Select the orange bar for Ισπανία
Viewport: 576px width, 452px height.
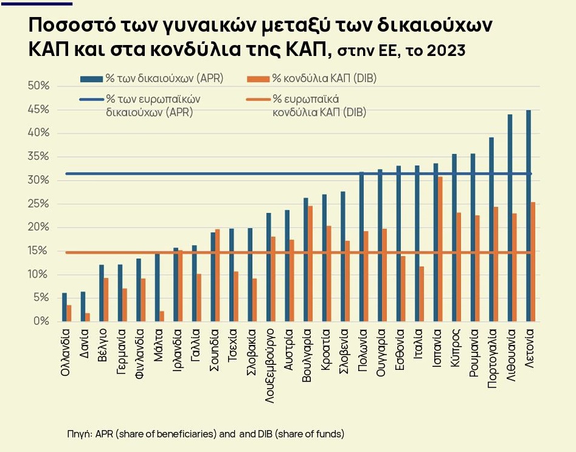click(x=440, y=249)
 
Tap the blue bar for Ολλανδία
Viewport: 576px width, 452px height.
click(x=64, y=307)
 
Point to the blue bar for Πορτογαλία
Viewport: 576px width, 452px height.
click(x=491, y=229)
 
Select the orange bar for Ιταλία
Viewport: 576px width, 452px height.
click(x=422, y=293)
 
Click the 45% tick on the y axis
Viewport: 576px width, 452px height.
click(x=38, y=110)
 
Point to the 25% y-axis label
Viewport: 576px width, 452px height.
click(x=38, y=204)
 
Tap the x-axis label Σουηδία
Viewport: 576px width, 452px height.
click(x=213, y=349)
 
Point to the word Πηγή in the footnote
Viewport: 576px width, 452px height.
click(x=79, y=434)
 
